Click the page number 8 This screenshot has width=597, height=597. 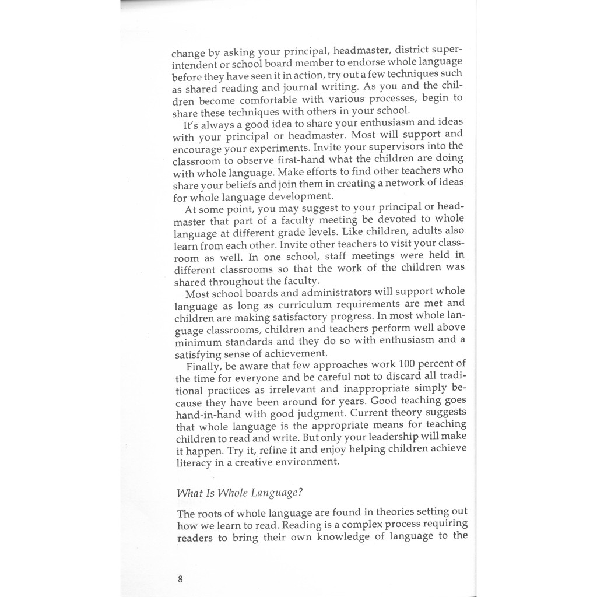point(180,579)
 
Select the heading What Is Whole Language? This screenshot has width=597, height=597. point(240,493)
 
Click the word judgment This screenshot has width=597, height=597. point(315,414)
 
